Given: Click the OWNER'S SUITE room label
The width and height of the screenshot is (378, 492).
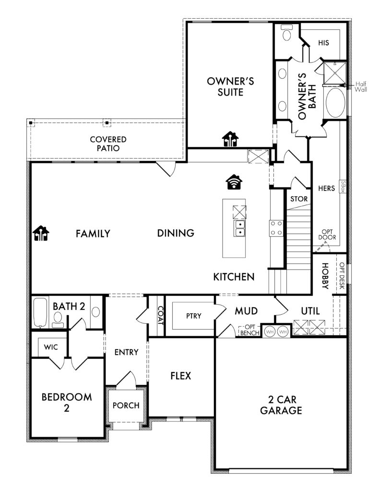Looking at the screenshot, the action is coord(230,86).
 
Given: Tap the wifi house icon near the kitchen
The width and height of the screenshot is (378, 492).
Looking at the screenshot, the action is coord(234,182).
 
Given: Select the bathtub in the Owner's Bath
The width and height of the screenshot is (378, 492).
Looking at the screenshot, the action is coord(335,103).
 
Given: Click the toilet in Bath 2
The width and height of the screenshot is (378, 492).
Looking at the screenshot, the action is coord(58,320).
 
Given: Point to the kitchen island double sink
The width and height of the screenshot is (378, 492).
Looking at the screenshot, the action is coord(239,228).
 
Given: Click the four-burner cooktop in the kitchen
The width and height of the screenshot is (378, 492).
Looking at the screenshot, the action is coord(276,228).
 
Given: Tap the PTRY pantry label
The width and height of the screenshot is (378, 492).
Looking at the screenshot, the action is coord(193,316).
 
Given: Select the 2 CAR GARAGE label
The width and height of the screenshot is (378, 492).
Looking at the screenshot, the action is coord(281,405).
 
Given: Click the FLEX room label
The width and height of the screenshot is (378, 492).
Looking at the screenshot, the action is coord(181,376).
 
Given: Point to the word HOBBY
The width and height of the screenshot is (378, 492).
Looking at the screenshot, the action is coord(325,276).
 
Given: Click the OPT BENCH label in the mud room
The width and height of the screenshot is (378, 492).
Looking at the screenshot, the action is coord(250,330).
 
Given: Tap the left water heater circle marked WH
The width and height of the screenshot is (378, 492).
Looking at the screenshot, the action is coord(270,332).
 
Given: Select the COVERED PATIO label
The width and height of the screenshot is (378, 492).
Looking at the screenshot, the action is coord(108,144).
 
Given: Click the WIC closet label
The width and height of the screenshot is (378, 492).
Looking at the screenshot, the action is coord(51,347).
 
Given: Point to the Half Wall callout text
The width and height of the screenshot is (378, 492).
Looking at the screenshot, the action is coord(360,86).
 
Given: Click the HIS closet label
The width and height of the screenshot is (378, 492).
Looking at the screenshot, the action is coord(323,42).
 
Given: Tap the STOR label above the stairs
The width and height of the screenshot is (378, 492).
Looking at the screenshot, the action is coord(299,198).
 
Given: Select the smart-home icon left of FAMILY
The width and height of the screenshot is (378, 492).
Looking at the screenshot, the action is coord(41,233).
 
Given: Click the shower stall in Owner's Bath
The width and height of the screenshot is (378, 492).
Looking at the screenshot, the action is coord(334,73).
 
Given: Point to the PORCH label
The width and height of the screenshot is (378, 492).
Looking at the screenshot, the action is coord(126,406).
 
